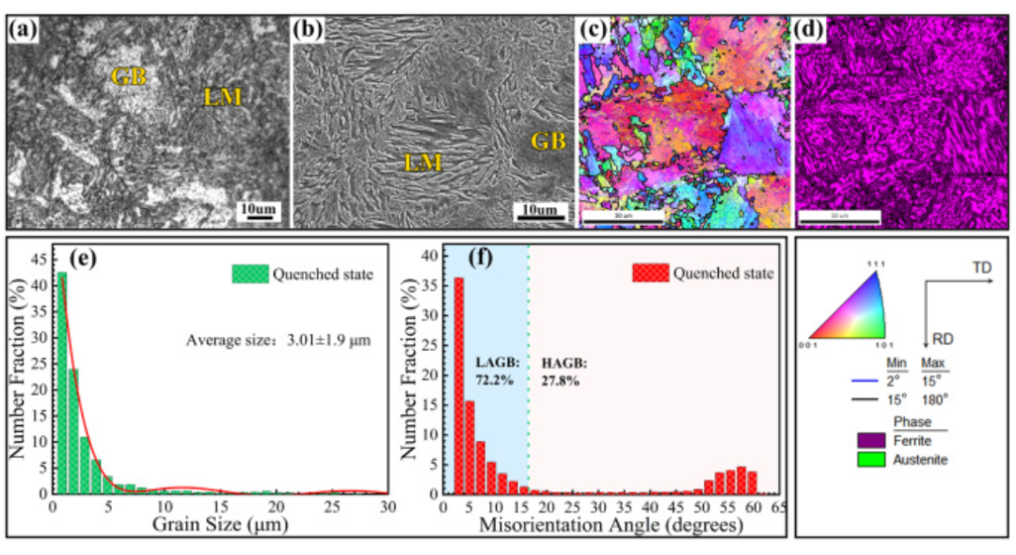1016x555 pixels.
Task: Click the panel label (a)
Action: [22, 29]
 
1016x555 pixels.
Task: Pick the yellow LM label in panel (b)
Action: [422, 164]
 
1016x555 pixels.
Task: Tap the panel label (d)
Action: [810, 29]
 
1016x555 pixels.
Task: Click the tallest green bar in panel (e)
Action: [62, 382]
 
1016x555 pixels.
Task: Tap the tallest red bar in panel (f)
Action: [459, 385]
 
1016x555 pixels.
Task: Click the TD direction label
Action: [981, 267]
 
